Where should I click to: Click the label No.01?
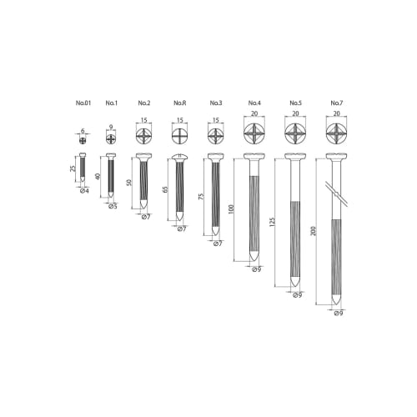(83, 103)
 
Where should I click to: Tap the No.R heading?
(178, 103)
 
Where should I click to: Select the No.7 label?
(336, 103)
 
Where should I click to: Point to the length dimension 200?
(313, 231)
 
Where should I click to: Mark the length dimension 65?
(166, 189)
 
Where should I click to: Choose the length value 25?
(73, 172)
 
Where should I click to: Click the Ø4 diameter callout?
(84, 192)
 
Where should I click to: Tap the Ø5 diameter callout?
(112, 205)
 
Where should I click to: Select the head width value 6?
(83, 129)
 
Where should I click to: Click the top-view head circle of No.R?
(179, 136)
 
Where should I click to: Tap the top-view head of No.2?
(143, 136)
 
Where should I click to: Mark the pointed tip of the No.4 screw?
(255, 263)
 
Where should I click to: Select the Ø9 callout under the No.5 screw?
(297, 294)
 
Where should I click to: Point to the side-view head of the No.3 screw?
(216, 157)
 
